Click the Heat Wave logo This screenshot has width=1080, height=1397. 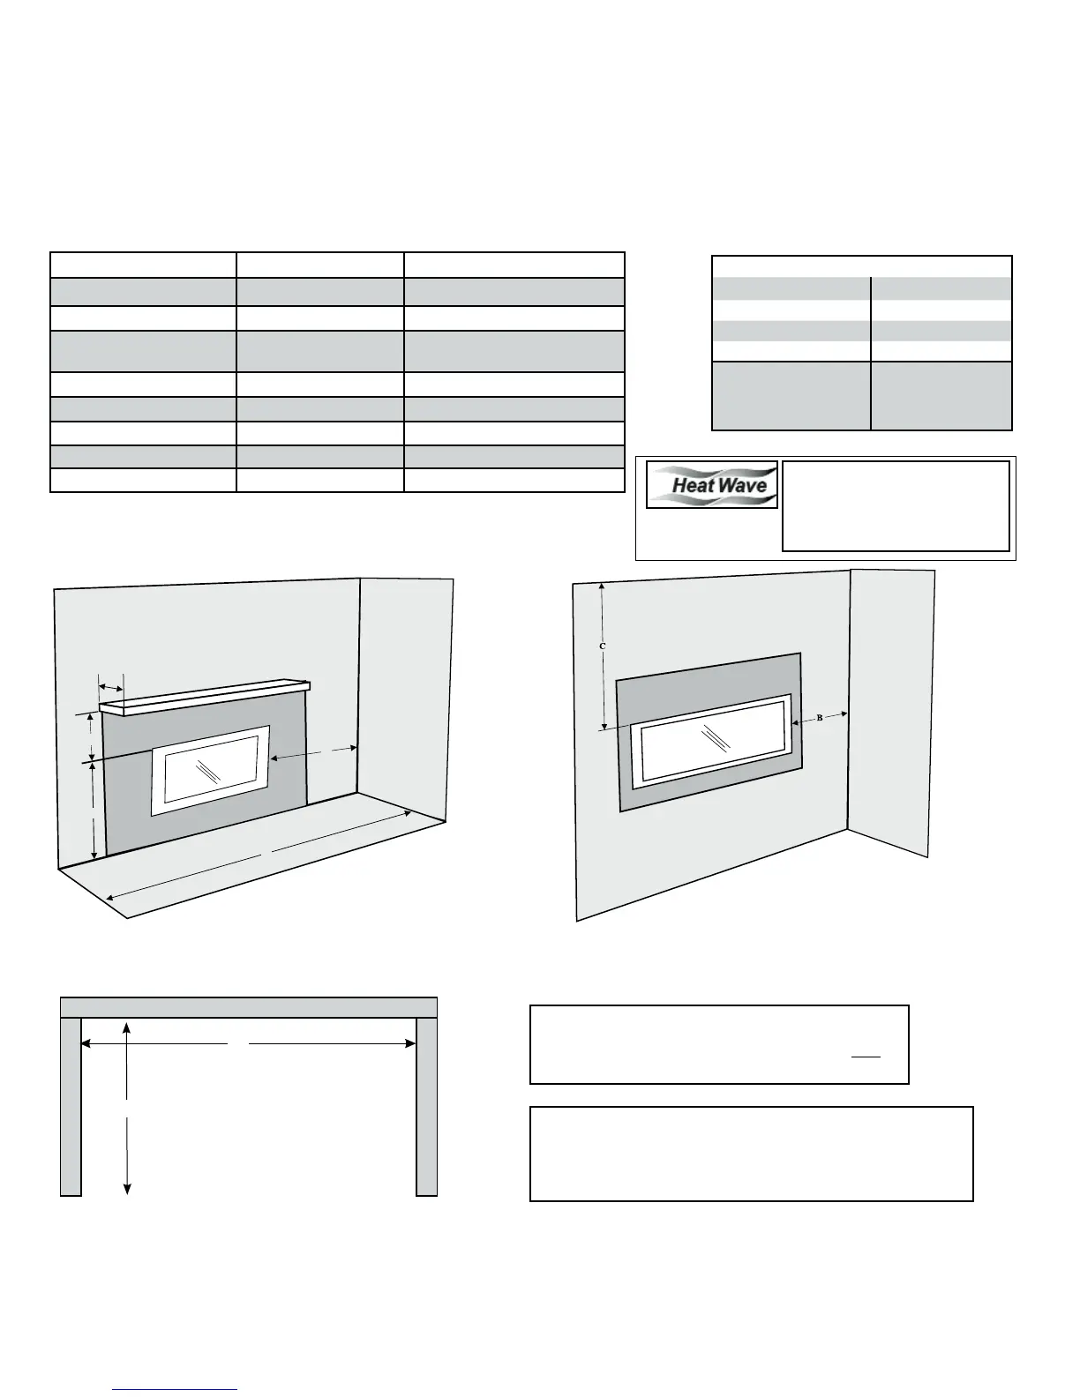712,484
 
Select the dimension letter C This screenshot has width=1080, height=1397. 602,646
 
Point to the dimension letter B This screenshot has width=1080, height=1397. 819,718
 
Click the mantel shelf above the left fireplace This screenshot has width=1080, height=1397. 205,697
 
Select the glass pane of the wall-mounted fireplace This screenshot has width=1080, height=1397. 714,739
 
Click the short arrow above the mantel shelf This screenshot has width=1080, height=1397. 110,687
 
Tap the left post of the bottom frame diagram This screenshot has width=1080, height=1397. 71,1107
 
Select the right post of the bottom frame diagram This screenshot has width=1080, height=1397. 426,1107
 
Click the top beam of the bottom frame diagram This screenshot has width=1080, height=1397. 249,1007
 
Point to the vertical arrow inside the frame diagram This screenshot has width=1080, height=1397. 128,1108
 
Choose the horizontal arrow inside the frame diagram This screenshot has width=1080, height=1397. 248,1044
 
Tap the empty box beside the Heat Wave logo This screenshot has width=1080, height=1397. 896,506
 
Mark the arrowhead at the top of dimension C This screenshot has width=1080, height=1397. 602,586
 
